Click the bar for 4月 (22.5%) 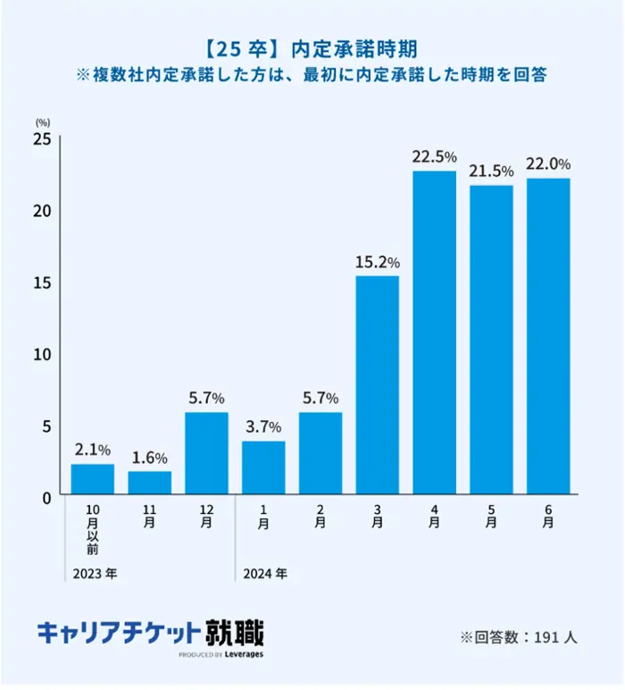(434, 332)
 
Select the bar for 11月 (149, 483)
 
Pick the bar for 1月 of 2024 (263, 467)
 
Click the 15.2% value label (377, 263)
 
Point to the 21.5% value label (491, 172)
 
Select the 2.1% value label (92, 450)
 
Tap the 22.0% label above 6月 (548, 164)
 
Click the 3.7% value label (263, 426)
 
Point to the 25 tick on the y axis (42, 139)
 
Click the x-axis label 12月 (206, 517)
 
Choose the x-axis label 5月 (491, 517)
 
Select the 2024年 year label (264, 572)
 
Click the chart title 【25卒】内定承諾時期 (312, 48)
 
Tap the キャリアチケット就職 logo (151, 633)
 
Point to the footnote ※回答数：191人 (519, 637)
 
